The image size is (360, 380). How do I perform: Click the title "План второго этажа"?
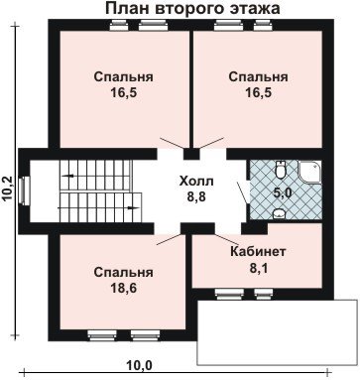coord(192,9)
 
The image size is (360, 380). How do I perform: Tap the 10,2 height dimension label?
coord(7,189)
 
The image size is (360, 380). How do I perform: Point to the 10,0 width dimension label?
coord(139,365)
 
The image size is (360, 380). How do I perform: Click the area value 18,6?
coord(124,288)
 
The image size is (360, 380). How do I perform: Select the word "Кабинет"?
coord(258,252)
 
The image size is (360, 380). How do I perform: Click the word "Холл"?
coord(196,182)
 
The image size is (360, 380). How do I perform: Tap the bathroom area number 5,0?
coord(283,192)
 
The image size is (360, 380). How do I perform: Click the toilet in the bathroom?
coord(281,169)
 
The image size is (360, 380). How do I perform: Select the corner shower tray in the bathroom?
coord(309,172)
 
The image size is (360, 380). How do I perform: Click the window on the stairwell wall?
coord(24,190)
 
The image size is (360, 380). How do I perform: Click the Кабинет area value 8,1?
coord(258,268)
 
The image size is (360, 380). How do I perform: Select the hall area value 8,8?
coord(196,196)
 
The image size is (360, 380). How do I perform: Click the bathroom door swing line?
coord(243,193)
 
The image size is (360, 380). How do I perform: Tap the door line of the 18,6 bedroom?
coord(170,239)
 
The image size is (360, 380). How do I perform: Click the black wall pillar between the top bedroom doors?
coord(191,154)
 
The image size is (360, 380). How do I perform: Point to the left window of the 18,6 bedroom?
coord(102,335)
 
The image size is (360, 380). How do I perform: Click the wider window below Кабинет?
coord(230,293)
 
